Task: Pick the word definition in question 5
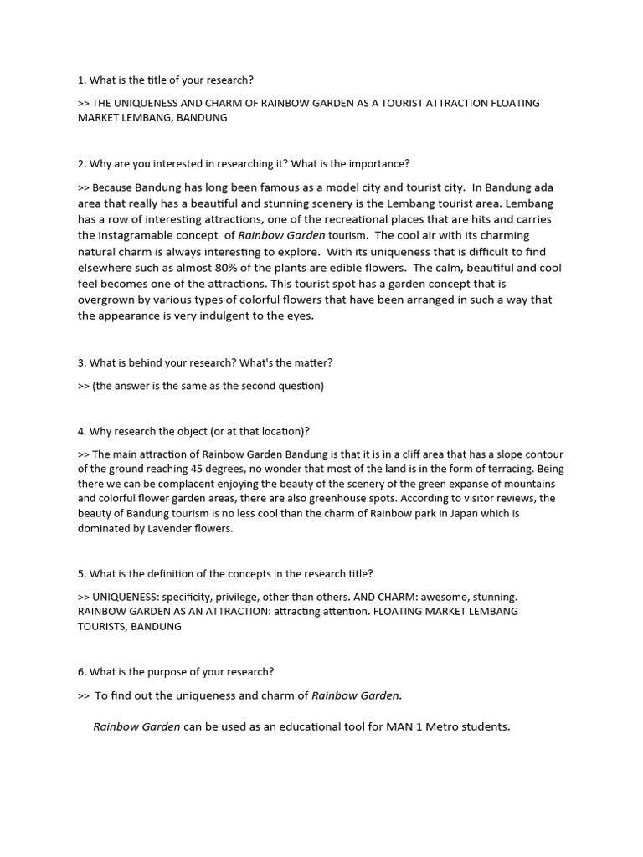coord(154,573)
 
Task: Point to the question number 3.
coord(82,362)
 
